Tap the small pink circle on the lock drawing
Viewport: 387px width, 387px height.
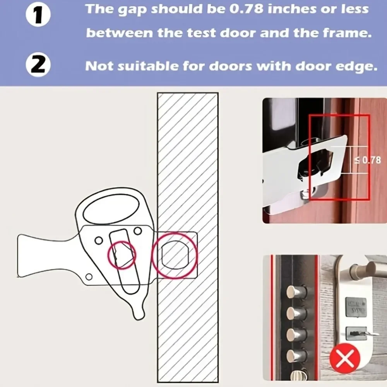click(x=122, y=255)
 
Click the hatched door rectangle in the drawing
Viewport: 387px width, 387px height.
click(x=187, y=163)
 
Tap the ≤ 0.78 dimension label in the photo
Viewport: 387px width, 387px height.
click(x=368, y=160)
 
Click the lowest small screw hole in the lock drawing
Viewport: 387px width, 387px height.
click(x=89, y=276)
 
